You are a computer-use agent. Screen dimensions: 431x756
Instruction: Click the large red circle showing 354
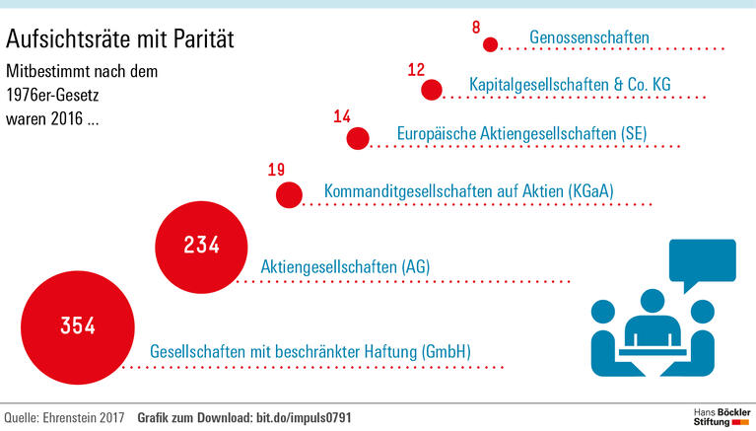[x=77, y=325]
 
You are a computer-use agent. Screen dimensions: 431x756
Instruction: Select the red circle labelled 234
[x=201, y=245]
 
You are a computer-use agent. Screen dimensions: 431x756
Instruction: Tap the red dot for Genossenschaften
[x=489, y=44]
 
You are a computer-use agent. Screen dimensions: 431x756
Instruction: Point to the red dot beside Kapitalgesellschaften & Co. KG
[x=431, y=90]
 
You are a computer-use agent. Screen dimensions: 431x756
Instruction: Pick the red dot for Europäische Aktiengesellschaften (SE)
[x=357, y=139]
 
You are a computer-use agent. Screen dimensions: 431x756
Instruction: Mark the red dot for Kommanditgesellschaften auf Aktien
[x=288, y=194]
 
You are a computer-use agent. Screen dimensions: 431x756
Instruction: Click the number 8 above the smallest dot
[x=478, y=25]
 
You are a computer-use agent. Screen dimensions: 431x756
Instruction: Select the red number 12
[x=416, y=70]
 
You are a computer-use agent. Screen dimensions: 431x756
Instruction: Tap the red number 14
[x=342, y=117]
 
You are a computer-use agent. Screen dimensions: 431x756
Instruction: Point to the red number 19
[x=276, y=170]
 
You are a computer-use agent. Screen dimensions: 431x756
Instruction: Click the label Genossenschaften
[x=589, y=38]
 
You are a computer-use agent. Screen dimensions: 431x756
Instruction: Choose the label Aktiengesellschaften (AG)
[x=345, y=266]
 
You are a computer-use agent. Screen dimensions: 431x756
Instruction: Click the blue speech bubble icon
[x=701, y=262]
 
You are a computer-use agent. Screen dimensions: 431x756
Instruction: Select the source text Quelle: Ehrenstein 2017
[x=65, y=418]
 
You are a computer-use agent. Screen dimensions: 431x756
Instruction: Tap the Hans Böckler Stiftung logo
[x=718, y=415]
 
